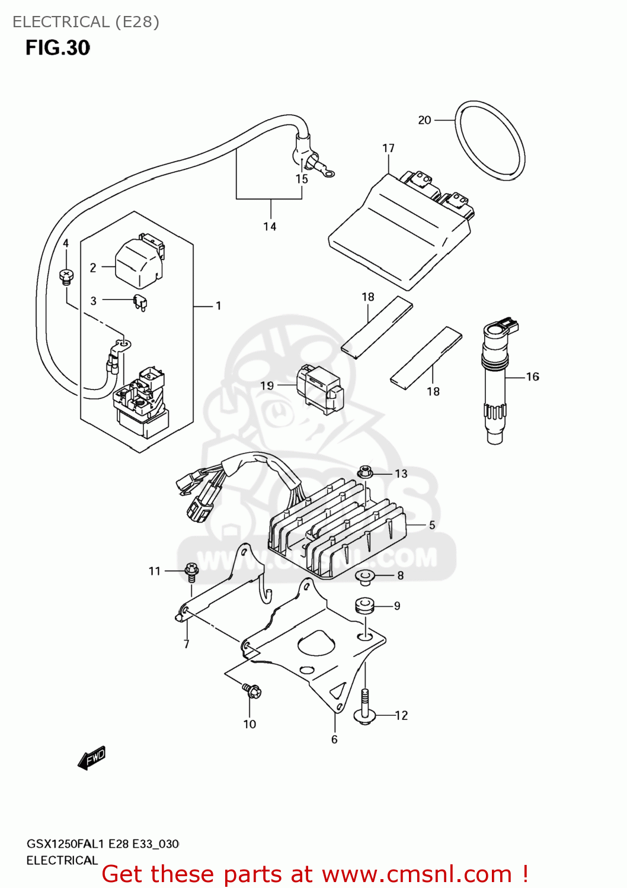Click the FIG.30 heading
57,48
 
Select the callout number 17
388,148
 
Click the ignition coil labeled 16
495,385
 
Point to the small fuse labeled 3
140,303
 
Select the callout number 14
270,227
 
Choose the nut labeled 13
364,472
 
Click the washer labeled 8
364,575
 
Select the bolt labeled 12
364,707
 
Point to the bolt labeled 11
191,570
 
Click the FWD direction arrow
91,758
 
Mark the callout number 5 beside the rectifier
432,525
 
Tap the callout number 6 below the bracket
334,739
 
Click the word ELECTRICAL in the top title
61,22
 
